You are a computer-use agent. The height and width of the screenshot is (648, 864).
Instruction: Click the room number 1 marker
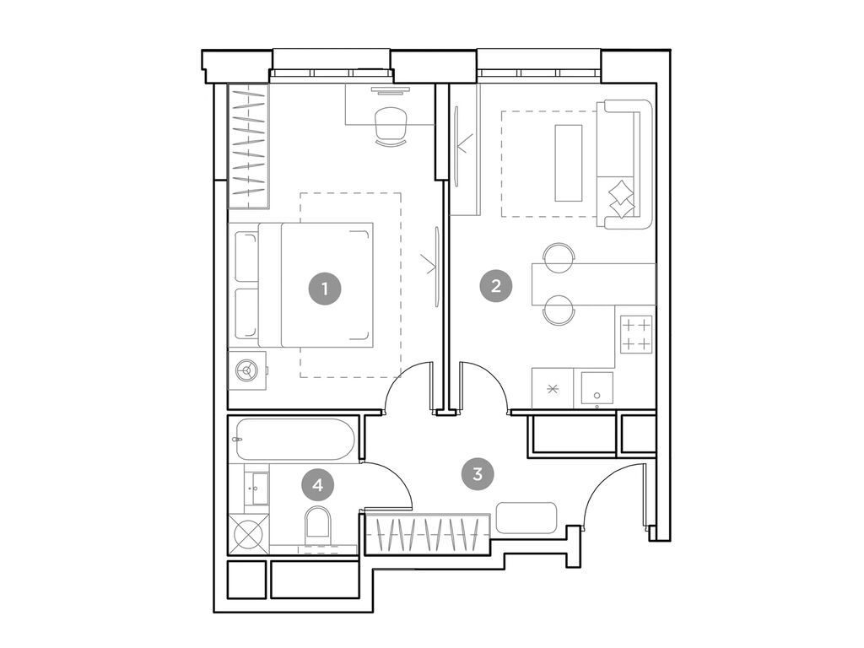(325, 289)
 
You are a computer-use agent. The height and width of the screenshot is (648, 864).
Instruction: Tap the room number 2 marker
(495, 285)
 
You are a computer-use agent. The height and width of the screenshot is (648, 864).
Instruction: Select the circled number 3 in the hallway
(478, 473)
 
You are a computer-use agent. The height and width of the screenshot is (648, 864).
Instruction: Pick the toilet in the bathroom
(318, 524)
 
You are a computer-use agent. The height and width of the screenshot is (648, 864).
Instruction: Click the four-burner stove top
(636, 333)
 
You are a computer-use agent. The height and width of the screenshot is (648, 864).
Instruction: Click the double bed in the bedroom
(316, 284)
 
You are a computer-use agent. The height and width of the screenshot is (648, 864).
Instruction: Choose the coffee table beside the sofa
(568, 163)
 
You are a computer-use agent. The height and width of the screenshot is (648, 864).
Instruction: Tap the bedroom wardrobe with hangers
(248, 145)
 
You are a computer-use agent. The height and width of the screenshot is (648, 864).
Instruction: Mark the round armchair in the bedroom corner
(247, 370)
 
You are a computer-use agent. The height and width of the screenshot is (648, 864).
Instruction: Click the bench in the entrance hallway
(526, 517)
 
